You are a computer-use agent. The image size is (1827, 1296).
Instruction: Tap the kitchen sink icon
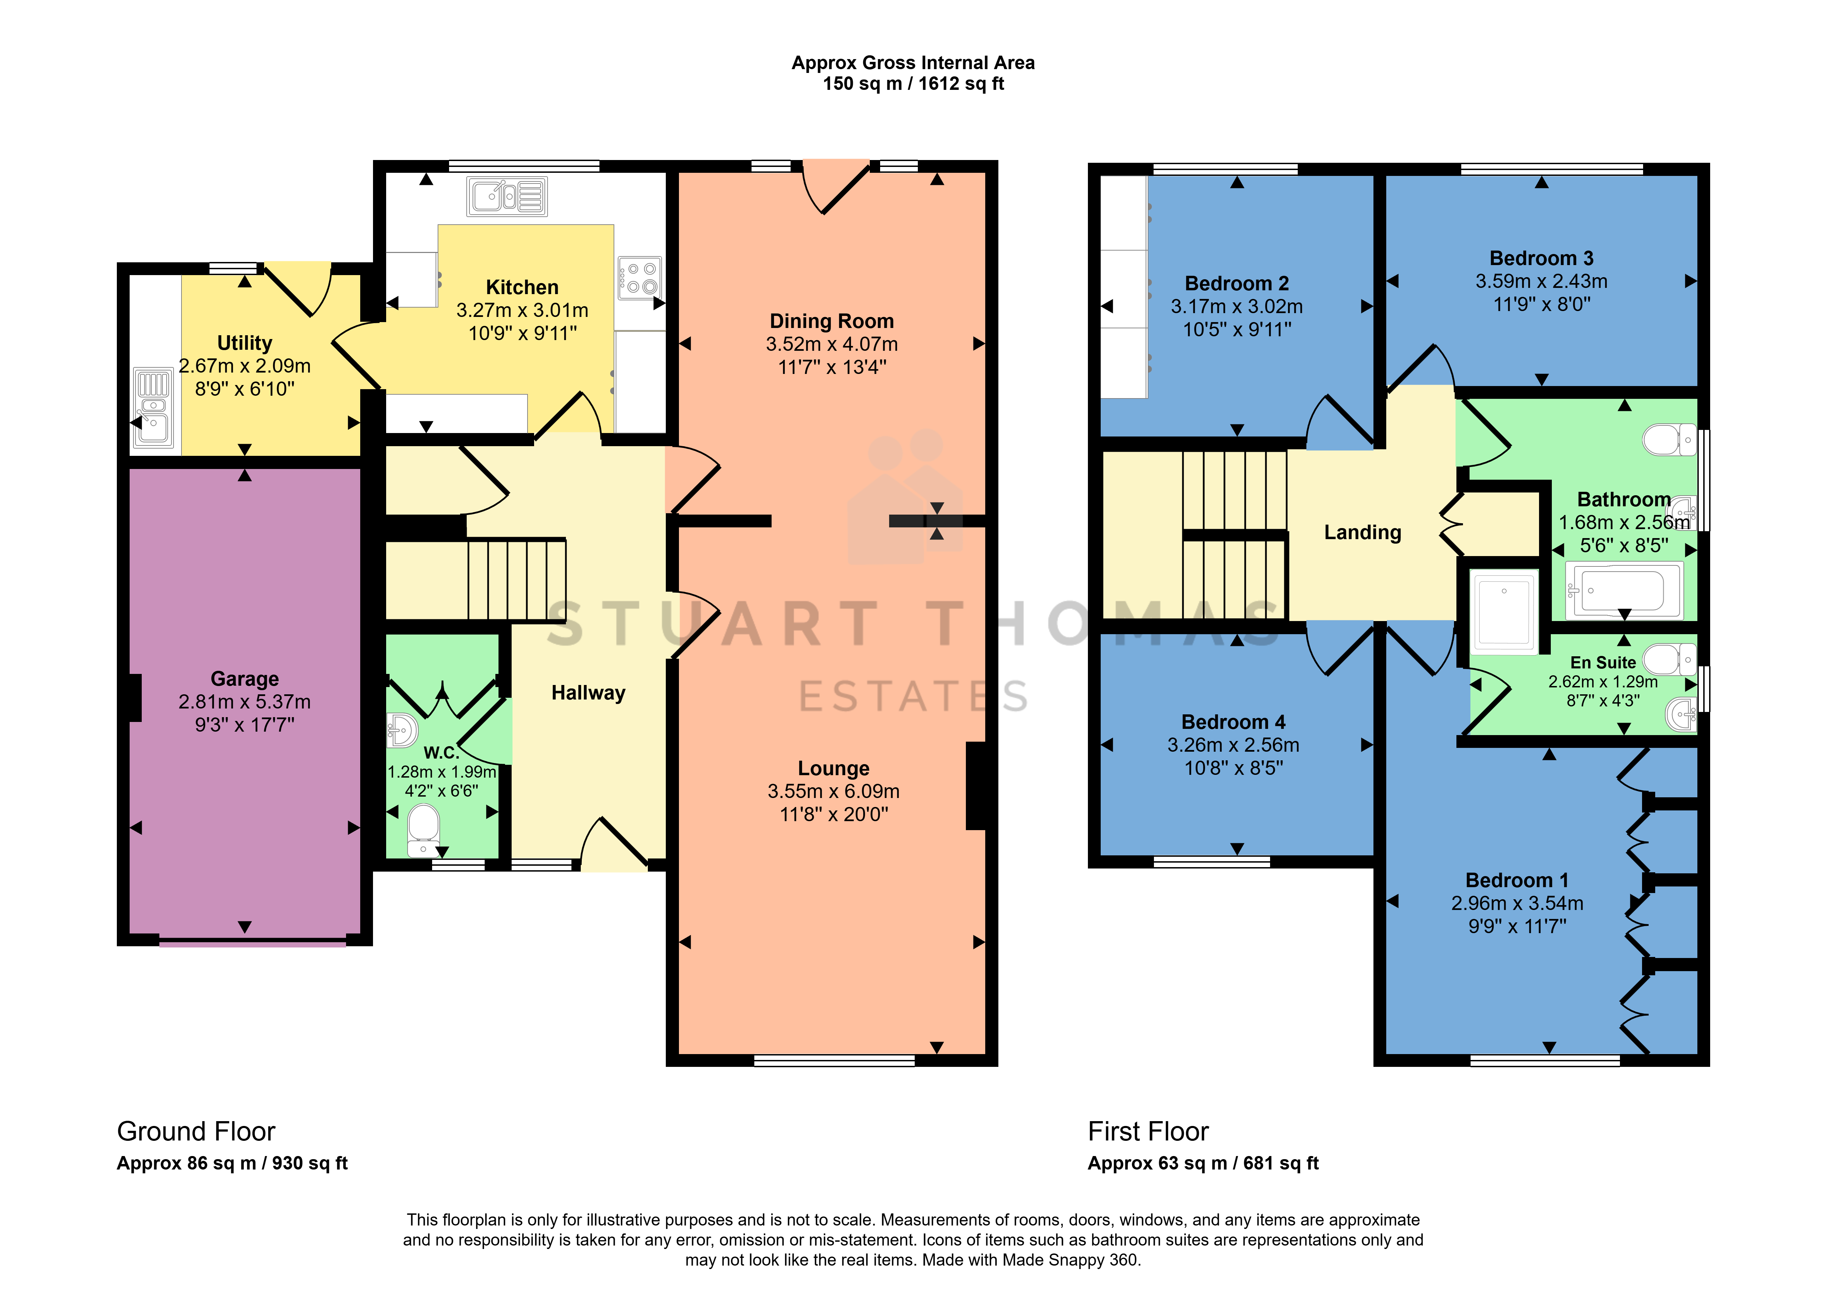(x=507, y=196)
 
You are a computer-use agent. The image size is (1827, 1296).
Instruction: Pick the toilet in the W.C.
(x=423, y=830)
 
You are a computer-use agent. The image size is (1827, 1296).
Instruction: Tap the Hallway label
(x=588, y=693)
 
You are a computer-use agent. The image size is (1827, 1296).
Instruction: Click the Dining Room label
(x=832, y=321)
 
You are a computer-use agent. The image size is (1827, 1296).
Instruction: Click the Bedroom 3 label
(x=1541, y=259)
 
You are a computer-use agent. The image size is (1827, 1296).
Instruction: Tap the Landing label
(x=1362, y=532)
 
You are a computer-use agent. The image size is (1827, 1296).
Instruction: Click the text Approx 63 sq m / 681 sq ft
(x=1203, y=1164)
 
